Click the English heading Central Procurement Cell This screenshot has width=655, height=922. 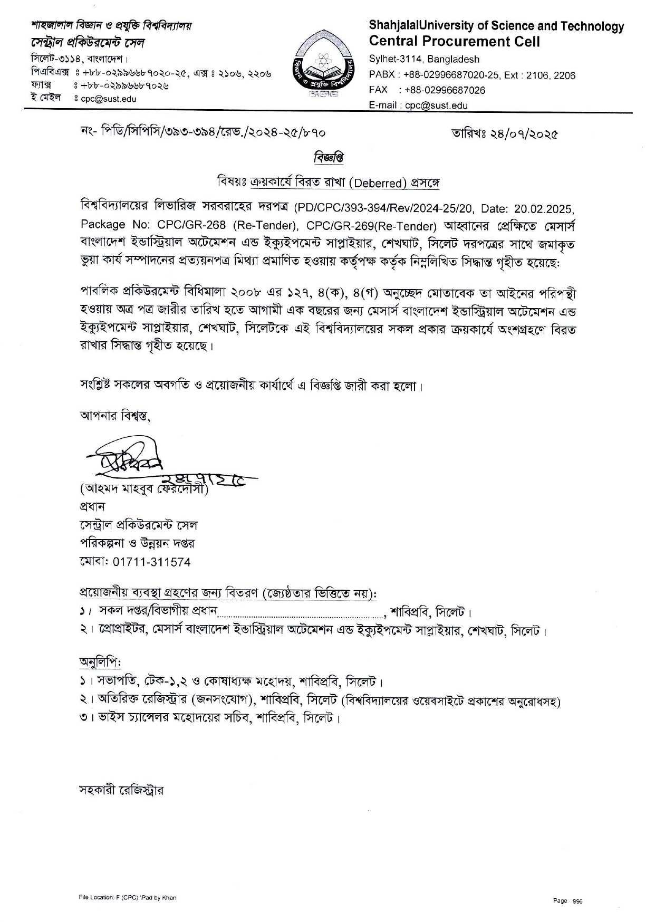[454, 41]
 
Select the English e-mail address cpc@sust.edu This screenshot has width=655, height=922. [436, 105]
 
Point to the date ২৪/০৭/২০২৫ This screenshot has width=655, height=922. [522, 133]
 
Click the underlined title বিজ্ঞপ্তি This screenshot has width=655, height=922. [329, 157]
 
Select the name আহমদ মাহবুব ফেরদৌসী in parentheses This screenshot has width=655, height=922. [143, 489]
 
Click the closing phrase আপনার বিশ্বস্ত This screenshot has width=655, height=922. [114, 416]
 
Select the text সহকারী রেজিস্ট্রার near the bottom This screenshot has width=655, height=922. [121, 790]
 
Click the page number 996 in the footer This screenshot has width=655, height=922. [577, 901]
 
